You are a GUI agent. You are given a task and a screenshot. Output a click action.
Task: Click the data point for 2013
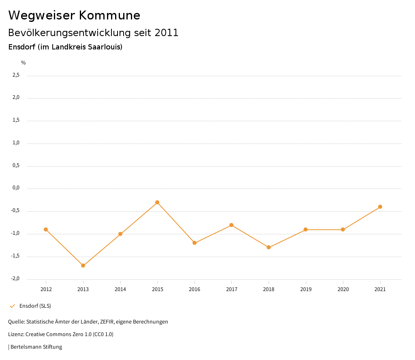point(83,266)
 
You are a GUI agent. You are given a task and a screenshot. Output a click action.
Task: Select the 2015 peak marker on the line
point(157,202)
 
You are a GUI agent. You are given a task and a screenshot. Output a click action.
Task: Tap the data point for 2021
point(380,207)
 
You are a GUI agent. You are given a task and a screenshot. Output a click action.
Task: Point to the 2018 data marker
point(269,247)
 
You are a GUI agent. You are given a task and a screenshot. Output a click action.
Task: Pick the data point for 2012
point(46,229)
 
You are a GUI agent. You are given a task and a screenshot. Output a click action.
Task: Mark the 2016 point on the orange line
point(195,243)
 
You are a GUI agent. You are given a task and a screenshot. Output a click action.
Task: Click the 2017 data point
point(231,225)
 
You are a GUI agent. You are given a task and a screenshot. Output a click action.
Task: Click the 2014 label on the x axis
point(120,289)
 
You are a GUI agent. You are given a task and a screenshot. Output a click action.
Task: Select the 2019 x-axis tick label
point(306,289)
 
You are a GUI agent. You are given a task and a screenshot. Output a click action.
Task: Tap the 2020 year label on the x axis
point(343,289)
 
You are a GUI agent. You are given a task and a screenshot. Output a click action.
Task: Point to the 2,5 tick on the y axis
point(16,75)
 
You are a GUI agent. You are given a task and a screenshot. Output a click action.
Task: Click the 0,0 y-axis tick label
point(16,188)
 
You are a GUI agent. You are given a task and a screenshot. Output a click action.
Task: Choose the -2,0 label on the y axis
point(15,279)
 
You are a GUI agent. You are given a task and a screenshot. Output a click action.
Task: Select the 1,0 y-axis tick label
point(16,143)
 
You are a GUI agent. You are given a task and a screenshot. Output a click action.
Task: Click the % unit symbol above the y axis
point(24,63)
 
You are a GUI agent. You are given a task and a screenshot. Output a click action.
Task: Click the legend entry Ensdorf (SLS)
point(35,306)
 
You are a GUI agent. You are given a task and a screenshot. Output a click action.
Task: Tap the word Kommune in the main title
point(109,15)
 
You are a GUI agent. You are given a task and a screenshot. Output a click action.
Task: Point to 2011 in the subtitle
point(167,33)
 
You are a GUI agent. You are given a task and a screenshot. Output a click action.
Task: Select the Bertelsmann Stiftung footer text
point(36,347)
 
